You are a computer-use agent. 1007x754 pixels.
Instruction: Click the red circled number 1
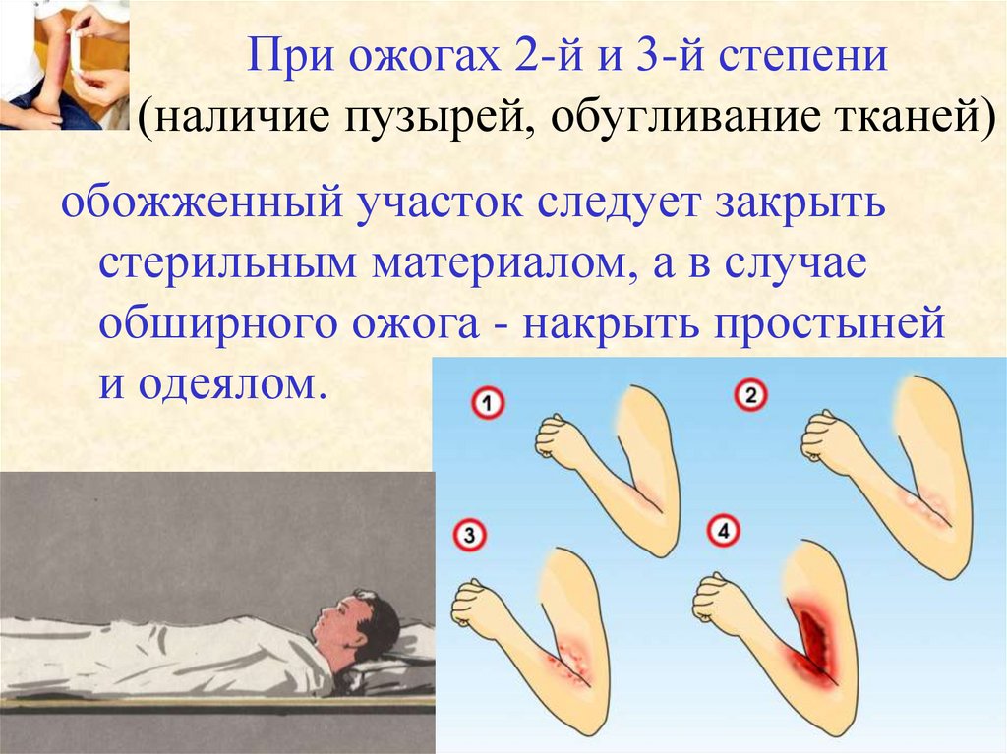(488, 402)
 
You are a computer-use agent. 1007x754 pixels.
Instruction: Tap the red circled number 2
(751, 396)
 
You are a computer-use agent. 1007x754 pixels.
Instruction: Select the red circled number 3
(471, 536)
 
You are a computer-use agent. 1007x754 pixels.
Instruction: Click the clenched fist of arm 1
(563, 443)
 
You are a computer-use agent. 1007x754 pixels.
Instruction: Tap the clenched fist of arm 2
(829, 440)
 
